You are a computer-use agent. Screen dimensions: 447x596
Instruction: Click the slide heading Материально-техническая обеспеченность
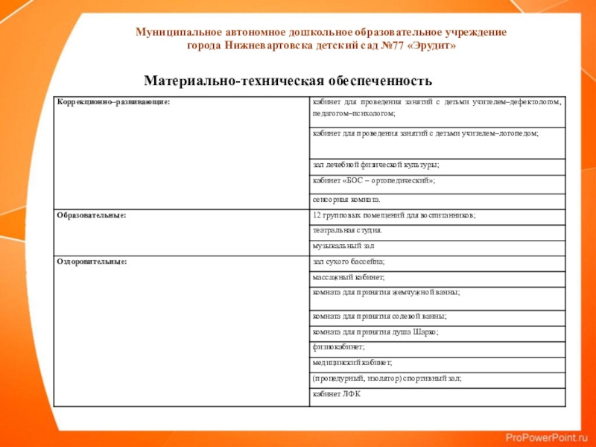point(288,80)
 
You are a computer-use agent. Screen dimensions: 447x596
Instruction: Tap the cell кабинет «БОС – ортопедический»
point(374,181)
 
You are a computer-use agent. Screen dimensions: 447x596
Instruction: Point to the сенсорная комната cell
point(346,200)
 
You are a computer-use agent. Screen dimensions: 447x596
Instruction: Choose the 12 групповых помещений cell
point(393,215)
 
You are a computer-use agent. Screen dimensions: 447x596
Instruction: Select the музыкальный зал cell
point(343,245)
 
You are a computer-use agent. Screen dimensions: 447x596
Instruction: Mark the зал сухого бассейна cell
point(349,261)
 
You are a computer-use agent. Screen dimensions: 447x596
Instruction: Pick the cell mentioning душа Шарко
point(375,332)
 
